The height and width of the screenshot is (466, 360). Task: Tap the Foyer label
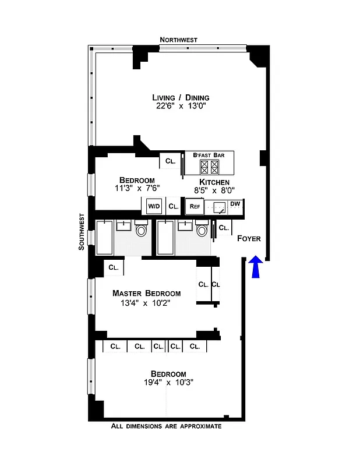pyautogui.click(x=249, y=238)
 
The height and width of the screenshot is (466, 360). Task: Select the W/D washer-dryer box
pyautogui.click(x=153, y=206)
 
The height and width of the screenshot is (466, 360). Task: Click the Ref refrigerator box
pyautogui.click(x=193, y=206)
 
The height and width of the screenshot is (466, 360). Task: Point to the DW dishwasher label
pyautogui.click(x=235, y=203)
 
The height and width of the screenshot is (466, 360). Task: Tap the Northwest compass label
pyautogui.click(x=179, y=40)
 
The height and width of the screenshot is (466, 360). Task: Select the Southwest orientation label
pyautogui.click(x=82, y=232)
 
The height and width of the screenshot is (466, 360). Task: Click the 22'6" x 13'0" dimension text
pyautogui.click(x=181, y=107)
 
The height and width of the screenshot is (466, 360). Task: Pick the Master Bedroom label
pyautogui.click(x=146, y=294)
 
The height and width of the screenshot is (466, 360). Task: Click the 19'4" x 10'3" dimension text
pyautogui.click(x=168, y=383)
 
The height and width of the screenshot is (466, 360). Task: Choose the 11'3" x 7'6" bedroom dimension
pyautogui.click(x=137, y=188)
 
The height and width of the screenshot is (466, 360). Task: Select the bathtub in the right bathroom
pyautogui.click(x=165, y=237)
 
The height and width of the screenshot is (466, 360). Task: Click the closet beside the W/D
pyautogui.click(x=173, y=206)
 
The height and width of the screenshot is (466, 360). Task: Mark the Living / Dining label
pyautogui.click(x=181, y=97)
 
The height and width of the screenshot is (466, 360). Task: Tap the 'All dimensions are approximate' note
pyautogui.click(x=166, y=426)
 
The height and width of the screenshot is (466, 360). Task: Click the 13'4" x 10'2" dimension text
pyautogui.click(x=146, y=303)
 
